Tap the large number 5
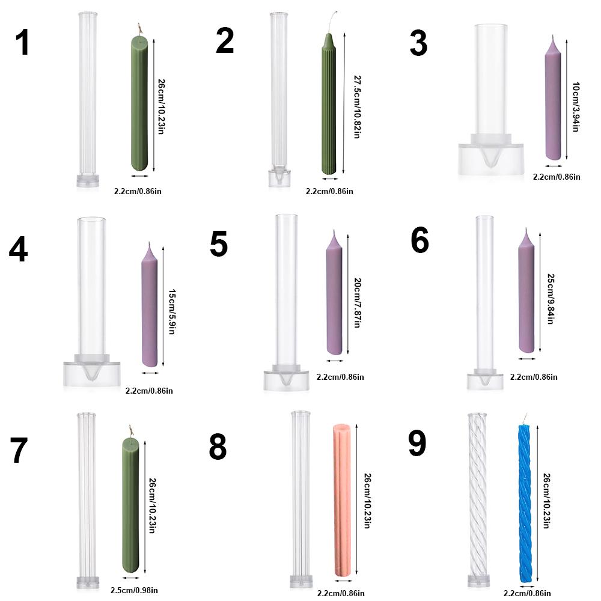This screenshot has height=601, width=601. coord(219,244)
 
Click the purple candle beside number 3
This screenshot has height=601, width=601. coord(553,102)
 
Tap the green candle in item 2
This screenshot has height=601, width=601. coord(328,108)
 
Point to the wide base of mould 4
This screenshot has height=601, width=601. coord(92,374)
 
